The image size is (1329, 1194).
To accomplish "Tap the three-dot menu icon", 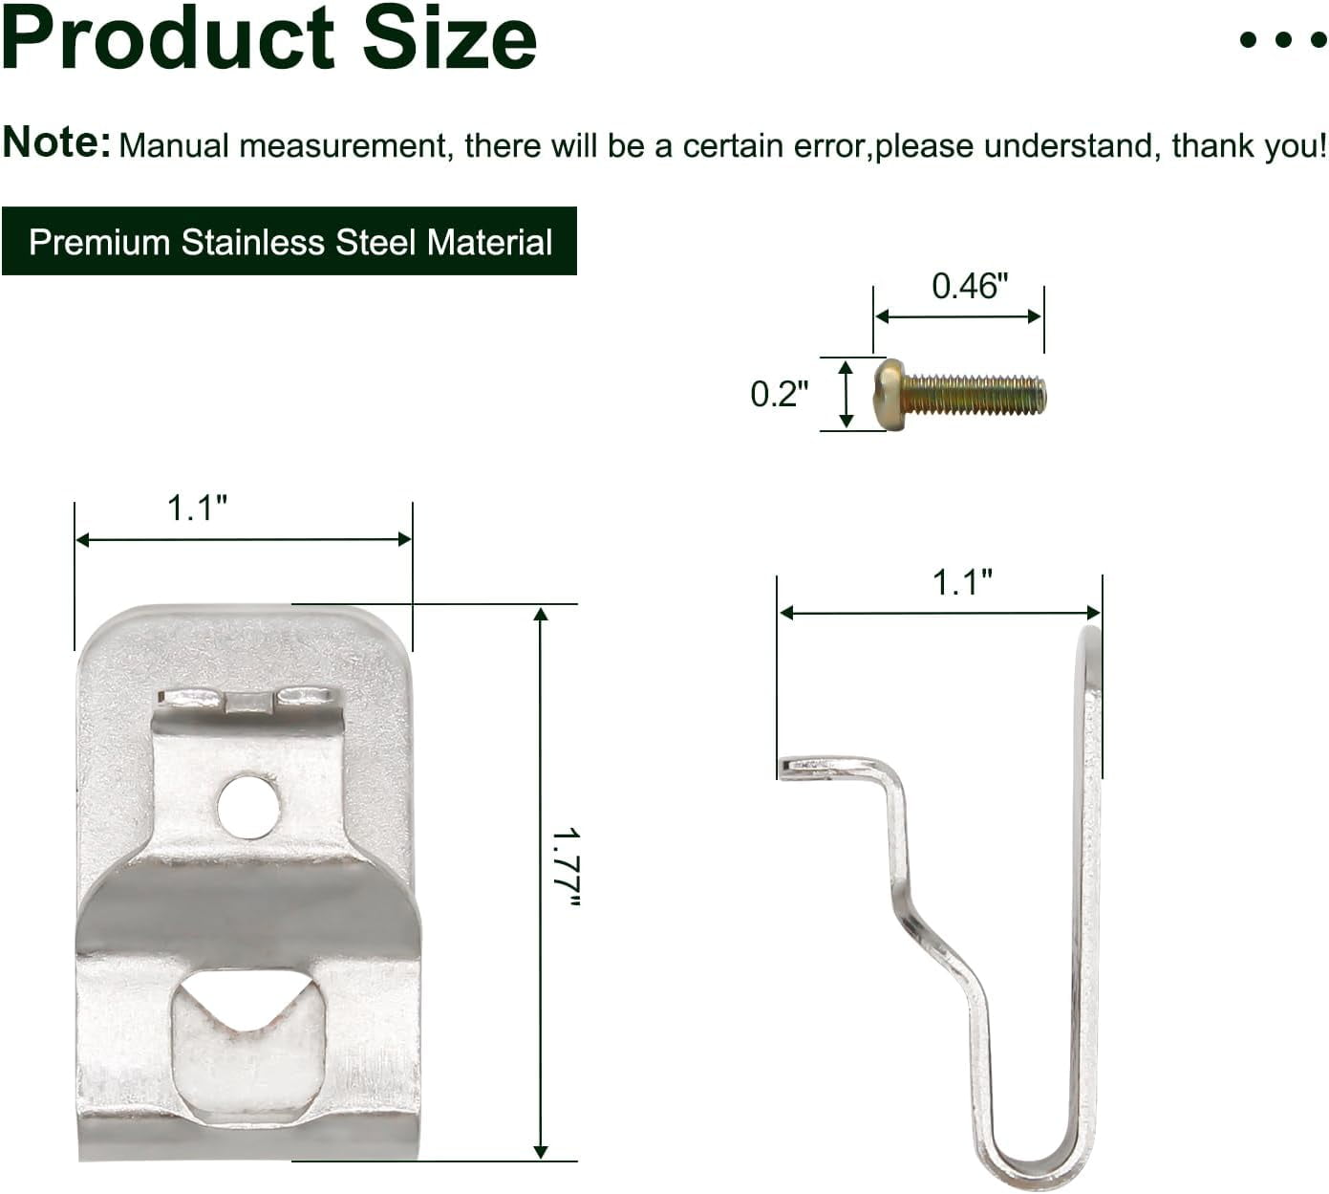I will [1282, 39].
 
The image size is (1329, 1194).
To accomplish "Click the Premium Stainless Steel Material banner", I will [289, 242].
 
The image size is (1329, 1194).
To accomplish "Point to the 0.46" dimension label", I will [969, 286].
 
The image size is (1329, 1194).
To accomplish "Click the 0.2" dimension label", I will [779, 394].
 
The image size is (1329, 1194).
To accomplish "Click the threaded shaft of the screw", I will [975, 395].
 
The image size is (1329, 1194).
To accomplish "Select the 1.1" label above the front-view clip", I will [197, 508].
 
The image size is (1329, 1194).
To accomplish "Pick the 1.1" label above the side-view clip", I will [962, 581].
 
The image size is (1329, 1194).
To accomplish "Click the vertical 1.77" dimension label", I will [566, 867].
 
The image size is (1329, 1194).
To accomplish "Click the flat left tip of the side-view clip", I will [798, 766].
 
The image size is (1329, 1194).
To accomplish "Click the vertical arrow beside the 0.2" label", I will [846, 394].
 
